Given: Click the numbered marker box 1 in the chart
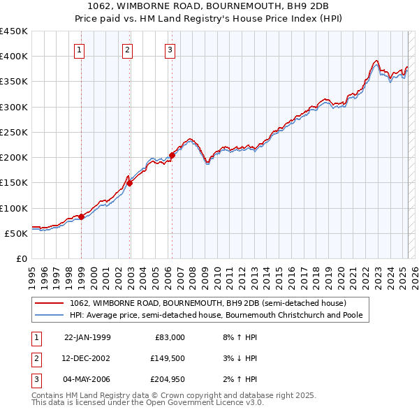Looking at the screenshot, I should pos(80,50).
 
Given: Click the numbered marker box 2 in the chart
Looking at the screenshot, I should pos(128,50).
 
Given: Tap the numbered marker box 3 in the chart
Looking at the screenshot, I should pos(170,50).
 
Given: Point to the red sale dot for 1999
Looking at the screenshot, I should pos(81,216).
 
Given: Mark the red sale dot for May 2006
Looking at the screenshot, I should pos(172,155).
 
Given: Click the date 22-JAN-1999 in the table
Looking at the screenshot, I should pos(87,337).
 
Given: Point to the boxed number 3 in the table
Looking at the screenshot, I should pos(34,379).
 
